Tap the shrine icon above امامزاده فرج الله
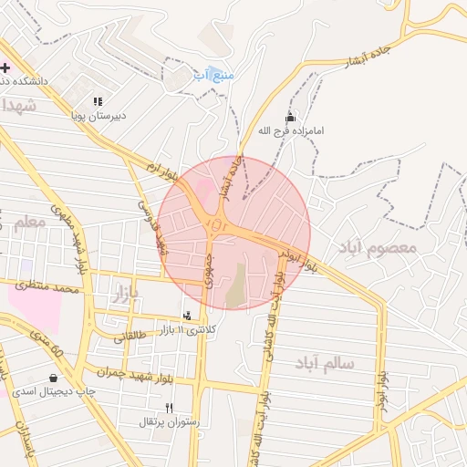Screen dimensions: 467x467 [x=291, y=118]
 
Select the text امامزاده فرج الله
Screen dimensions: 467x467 [x=291, y=131]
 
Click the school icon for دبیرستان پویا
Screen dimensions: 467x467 [x=98, y=101]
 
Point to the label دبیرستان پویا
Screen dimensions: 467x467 [x=98, y=116]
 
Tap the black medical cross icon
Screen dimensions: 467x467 [x=5, y=67]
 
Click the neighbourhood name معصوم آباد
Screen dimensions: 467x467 [x=377, y=247]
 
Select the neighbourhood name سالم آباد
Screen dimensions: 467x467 [x=324, y=363]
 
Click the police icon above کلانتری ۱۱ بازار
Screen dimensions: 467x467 [x=188, y=316]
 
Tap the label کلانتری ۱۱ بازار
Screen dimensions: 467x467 [x=188, y=329]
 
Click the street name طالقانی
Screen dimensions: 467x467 [x=129, y=336]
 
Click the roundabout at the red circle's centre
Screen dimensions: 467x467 [x=216, y=223]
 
